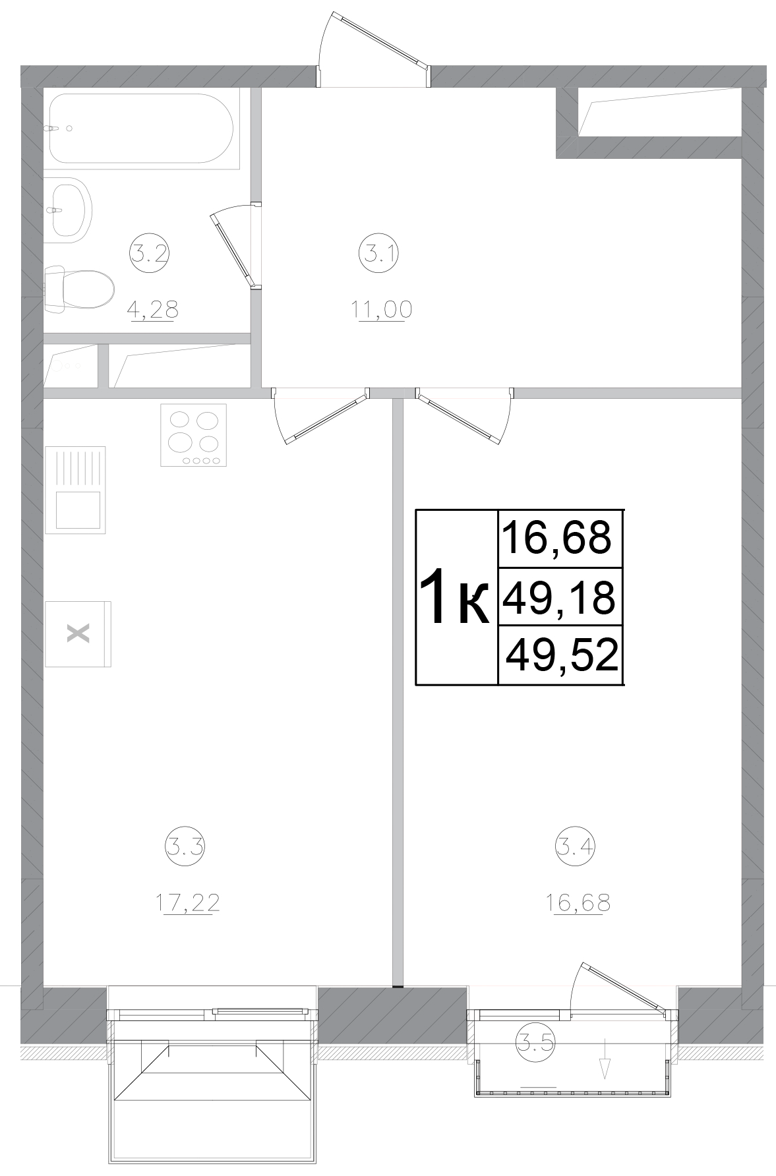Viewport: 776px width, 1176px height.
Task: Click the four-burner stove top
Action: point(193,434)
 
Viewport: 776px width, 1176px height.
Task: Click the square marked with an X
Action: point(78,633)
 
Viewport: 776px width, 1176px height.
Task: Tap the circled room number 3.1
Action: point(379,252)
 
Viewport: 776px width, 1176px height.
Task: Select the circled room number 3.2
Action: point(150,252)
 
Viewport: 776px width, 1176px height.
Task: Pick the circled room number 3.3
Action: point(185,846)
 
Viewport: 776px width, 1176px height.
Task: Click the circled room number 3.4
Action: point(576,846)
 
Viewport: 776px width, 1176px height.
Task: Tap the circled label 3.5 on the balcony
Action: point(535,1042)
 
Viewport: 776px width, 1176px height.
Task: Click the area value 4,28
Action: point(154,309)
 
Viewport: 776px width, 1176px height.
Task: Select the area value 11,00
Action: point(382,309)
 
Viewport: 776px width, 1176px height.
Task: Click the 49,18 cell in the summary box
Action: point(559,597)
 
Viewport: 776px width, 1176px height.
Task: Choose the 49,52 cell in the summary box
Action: point(562,655)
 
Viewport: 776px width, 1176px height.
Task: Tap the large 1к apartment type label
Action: point(455,597)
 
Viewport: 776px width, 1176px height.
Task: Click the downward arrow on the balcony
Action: point(605,1060)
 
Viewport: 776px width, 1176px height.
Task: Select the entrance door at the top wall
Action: point(374,49)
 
